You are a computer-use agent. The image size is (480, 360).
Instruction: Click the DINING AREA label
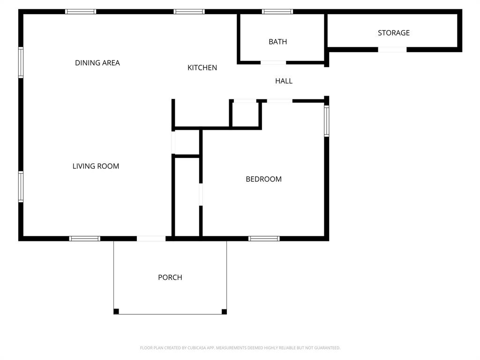(x=97, y=63)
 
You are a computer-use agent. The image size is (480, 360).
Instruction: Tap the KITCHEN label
(x=202, y=67)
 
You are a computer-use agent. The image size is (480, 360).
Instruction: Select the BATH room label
(x=277, y=42)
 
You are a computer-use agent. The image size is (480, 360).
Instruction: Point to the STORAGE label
(x=394, y=33)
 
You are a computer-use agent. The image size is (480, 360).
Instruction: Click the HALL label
(x=284, y=81)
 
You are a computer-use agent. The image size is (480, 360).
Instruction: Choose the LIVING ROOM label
(x=96, y=166)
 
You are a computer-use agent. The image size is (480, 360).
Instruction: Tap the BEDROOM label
(x=263, y=179)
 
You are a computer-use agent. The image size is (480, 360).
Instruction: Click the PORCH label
(x=170, y=277)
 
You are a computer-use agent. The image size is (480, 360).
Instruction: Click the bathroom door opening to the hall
(x=273, y=62)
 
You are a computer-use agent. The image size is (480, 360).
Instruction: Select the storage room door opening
(x=392, y=49)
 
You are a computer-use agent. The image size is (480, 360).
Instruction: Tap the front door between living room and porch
(x=151, y=239)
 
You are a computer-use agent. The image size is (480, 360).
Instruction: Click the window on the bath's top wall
(x=277, y=11)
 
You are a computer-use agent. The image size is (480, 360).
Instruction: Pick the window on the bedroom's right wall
(x=327, y=121)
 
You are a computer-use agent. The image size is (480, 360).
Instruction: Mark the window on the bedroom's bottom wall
(x=264, y=239)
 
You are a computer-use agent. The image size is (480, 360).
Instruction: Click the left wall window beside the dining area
(x=21, y=62)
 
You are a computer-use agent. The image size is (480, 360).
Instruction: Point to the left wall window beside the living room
(x=21, y=187)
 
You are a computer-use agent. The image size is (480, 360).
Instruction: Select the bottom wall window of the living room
(x=85, y=239)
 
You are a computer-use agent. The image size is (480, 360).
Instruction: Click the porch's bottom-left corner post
(x=116, y=311)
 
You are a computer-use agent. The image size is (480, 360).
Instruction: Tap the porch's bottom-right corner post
(x=224, y=311)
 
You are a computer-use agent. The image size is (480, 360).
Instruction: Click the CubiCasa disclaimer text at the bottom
(x=240, y=348)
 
